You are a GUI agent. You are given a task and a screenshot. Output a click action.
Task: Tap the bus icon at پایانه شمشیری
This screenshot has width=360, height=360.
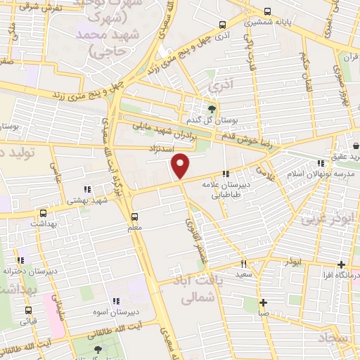coord(267,11)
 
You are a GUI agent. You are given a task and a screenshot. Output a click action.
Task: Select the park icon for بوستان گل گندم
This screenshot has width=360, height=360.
coord(212,107)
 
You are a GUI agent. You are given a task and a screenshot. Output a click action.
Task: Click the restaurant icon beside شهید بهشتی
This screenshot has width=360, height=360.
coord(88,189)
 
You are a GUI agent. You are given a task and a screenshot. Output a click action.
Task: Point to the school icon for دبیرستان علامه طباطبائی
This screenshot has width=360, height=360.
coord(226,174)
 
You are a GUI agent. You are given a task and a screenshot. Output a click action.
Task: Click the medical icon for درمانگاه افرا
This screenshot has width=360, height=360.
coord(341,265)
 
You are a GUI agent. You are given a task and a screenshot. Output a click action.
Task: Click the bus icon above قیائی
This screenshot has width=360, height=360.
coord(28,310)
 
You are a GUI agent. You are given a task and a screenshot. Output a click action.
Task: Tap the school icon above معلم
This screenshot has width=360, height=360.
coord(136,216)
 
